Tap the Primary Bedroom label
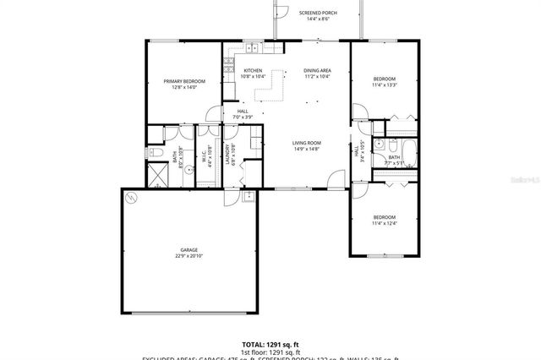tap(183, 81)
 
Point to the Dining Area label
tap(318, 70)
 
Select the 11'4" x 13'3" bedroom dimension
tap(385, 85)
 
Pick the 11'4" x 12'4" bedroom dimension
tap(385, 223)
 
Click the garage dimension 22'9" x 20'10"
tap(189, 256)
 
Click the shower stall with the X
tap(158, 176)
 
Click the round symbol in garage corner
tap(130, 199)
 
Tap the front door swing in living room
tap(337, 179)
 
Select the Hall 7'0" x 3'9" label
tap(243, 112)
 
